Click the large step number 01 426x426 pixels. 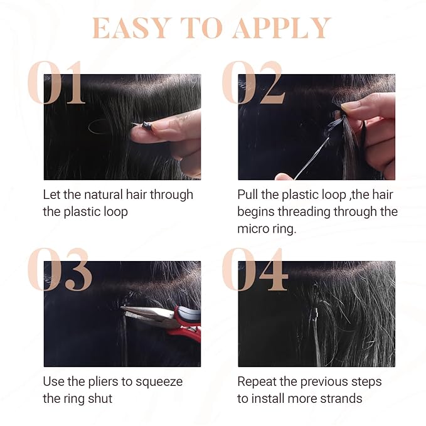click(x=57, y=82)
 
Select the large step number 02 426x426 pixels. click(x=253, y=82)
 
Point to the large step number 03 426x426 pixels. click(x=60, y=269)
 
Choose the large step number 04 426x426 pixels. click(x=255, y=269)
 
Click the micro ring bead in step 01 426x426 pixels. click(x=146, y=125)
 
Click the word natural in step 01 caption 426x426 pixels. click(x=104, y=194)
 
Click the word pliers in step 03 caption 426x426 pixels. click(x=104, y=382)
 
